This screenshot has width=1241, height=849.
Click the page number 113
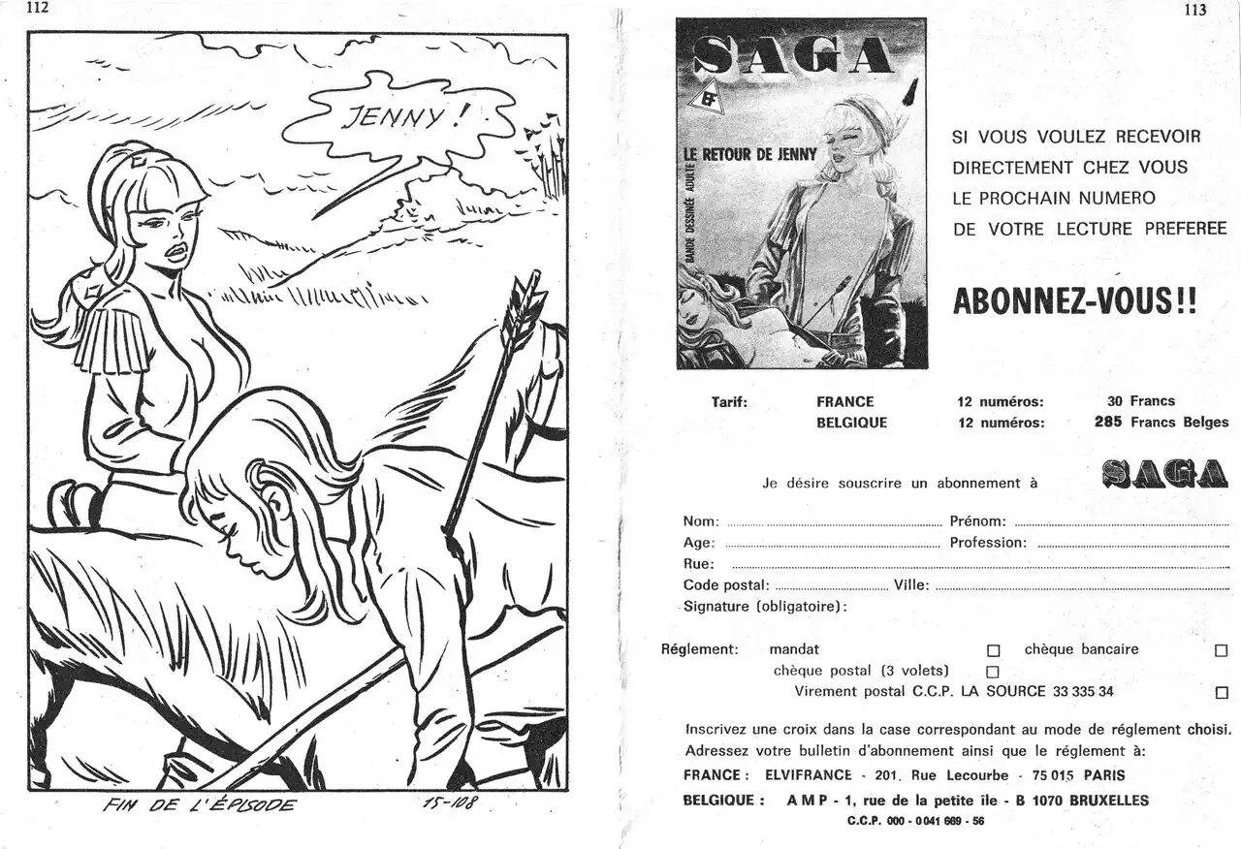(1194, 11)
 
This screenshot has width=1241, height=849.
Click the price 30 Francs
(1140, 400)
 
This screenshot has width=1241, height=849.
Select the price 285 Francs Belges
(1161, 422)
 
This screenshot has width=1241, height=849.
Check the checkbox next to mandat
(993, 651)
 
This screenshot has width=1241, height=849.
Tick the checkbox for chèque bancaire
(1221, 651)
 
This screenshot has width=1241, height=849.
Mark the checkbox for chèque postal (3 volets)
(992, 672)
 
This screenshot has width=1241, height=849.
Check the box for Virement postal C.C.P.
(1221, 693)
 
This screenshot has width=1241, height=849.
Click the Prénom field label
(977, 521)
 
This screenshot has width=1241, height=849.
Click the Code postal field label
(726, 585)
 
